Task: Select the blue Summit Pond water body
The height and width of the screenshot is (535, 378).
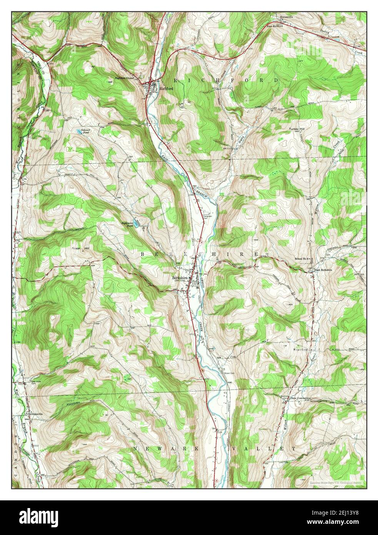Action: [x=78, y=131]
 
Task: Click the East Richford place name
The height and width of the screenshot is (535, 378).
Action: [x=275, y=26]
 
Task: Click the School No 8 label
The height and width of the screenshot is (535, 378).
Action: [x=303, y=259]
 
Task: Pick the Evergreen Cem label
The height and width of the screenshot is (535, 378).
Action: [x=207, y=217]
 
